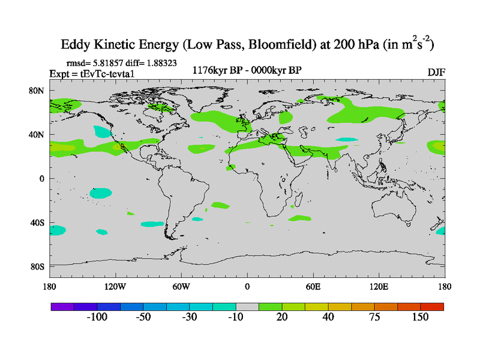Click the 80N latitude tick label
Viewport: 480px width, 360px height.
point(38,91)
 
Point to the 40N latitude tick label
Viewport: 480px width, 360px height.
point(38,134)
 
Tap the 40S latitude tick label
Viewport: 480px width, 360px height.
point(38,223)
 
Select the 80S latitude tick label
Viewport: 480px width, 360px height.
point(38,266)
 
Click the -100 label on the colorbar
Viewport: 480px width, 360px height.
point(96,317)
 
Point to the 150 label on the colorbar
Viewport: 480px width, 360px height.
point(420,317)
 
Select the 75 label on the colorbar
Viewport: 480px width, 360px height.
point(374,317)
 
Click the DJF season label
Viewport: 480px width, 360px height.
point(436,72)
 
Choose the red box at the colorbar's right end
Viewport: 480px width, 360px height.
point(432,307)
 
